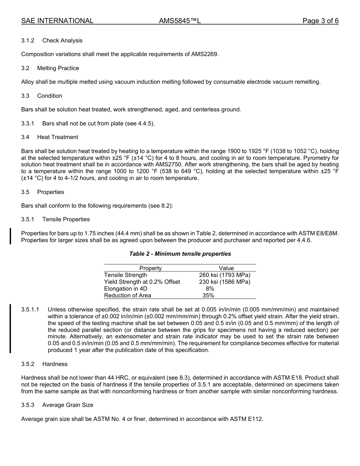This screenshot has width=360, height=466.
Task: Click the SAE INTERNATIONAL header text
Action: pyautogui.click(x=57, y=21)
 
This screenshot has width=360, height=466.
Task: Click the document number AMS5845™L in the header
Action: pyautogui.click(x=180, y=21)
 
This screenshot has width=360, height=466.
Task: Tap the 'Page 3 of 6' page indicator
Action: pyautogui.click(x=320, y=21)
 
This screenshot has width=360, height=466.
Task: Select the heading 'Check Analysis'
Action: pyautogui.click(x=62, y=41)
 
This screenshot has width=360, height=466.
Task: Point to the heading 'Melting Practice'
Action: pyautogui.click(x=58, y=68)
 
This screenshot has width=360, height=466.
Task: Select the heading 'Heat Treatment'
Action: pyautogui.click(x=58, y=137)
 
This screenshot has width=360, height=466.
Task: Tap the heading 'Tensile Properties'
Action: pyautogui.click(x=66, y=219)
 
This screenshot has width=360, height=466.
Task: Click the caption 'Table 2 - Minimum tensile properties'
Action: pyautogui.click(x=180, y=254)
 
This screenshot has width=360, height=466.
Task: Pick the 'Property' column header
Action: pyautogui.click(x=150, y=268)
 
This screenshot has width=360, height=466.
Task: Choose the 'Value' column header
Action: pyautogui.click(x=226, y=268)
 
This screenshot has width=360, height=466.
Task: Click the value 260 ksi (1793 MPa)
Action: pyautogui.click(x=225, y=275)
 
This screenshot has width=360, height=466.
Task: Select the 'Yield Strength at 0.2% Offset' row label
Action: pyautogui.click(x=142, y=282)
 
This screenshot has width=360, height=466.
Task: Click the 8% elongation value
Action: pyautogui.click(x=210, y=289)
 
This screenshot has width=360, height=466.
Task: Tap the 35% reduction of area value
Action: pyautogui.click(x=208, y=296)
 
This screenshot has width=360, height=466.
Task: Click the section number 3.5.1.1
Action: pyautogui.click(x=30, y=310)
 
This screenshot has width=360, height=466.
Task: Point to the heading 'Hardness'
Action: pyautogui.click(x=55, y=364)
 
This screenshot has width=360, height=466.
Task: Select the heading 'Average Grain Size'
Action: pyautogui.click(x=68, y=405)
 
